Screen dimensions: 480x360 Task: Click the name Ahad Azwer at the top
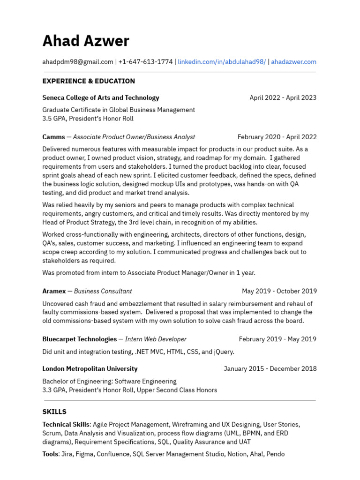pos(85,41)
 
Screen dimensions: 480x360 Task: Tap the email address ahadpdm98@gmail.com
pos(78,62)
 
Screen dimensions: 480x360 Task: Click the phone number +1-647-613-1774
pos(145,62)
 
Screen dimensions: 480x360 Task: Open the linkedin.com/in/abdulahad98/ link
pos(222,62)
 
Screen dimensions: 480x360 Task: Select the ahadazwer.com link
pos(293,62)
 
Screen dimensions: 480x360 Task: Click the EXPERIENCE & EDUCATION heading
pos(89,81)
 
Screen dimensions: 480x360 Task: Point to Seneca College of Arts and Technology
pos(101,98)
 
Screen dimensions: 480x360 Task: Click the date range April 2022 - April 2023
pos(283,98)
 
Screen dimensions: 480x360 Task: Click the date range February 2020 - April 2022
pos(277,137)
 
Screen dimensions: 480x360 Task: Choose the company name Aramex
pos(54,291)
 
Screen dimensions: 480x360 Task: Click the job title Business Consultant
pos(103,291)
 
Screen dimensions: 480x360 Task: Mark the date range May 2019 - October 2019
pos(279,291)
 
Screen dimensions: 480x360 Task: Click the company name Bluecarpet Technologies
pos(80,339)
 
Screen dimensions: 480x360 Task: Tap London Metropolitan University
pos(90,369)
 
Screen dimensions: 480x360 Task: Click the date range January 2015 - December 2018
pos(270,369)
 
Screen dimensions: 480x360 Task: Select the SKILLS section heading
pos(54,412)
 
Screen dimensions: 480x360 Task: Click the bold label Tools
pos(50,454)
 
